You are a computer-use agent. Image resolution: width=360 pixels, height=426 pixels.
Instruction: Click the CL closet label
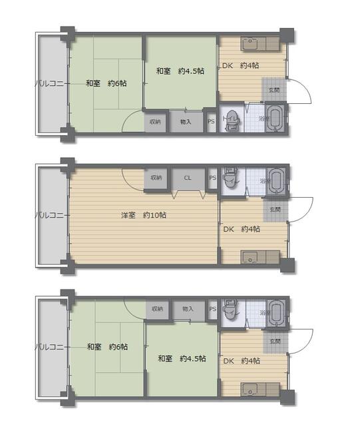coord(188,178)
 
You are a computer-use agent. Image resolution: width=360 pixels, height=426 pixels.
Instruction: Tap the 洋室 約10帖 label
coord(144,215)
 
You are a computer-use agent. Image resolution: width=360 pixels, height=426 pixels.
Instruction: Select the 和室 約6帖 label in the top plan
coord(106,83)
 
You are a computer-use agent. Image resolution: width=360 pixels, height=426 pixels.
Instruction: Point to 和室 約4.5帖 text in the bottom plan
coord(182,358)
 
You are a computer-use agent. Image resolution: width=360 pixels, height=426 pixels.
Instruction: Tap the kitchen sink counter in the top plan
coord(253,45)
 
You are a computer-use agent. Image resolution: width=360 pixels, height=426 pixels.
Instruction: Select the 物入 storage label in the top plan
coord(186,122)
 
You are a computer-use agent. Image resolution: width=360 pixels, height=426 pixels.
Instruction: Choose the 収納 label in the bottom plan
coord(156,309)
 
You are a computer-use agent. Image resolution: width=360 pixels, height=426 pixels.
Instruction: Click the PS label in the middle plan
coord(212,178)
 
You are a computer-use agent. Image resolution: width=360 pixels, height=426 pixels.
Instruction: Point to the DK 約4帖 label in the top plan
coord(240,65)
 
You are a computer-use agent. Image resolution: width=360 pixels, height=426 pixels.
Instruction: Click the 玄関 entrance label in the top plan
coord(274,89)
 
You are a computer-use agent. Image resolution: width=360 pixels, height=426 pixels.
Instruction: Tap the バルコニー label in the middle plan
coord(49,215)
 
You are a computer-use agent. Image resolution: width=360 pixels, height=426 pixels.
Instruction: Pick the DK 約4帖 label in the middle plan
coord(241,230)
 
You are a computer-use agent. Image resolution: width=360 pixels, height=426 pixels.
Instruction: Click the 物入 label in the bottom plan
coord(188,309)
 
